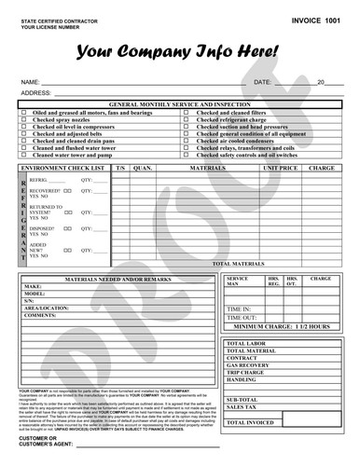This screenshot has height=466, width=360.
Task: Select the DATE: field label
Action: coord(262,83)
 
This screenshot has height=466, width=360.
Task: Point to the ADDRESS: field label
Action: coord(35,93)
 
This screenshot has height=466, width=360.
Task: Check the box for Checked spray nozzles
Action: coord(23,120)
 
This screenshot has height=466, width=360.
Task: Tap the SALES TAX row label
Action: coord(242,406)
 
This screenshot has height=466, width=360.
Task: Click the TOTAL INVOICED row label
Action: coord(249,422)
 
